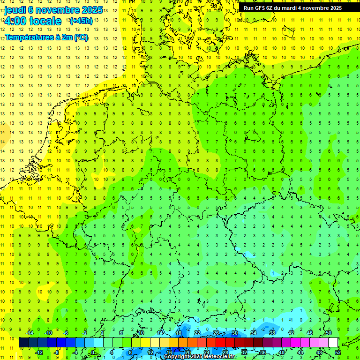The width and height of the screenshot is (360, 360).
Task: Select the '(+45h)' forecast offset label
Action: point(81,21)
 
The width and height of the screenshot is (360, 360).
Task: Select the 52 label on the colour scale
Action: point(338,352)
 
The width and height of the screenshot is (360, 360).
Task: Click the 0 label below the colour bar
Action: point(93,352)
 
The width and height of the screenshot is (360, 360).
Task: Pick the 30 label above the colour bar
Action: point(234,332)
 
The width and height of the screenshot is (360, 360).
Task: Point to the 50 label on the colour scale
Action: point(328,332)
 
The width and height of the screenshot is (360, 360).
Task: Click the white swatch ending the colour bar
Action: point(333,343)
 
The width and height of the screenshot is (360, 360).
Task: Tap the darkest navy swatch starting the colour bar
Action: point(23,343)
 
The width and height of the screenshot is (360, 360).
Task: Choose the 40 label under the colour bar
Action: point(281,352)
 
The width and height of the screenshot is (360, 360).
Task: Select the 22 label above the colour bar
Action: point(197,332)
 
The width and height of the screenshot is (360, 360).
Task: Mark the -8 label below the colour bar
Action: point(56,352)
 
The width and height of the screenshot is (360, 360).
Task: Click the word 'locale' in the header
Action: point(44,21)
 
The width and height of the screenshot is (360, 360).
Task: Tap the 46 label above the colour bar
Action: point(309,332)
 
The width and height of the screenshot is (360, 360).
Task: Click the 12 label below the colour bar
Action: point(150,352)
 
